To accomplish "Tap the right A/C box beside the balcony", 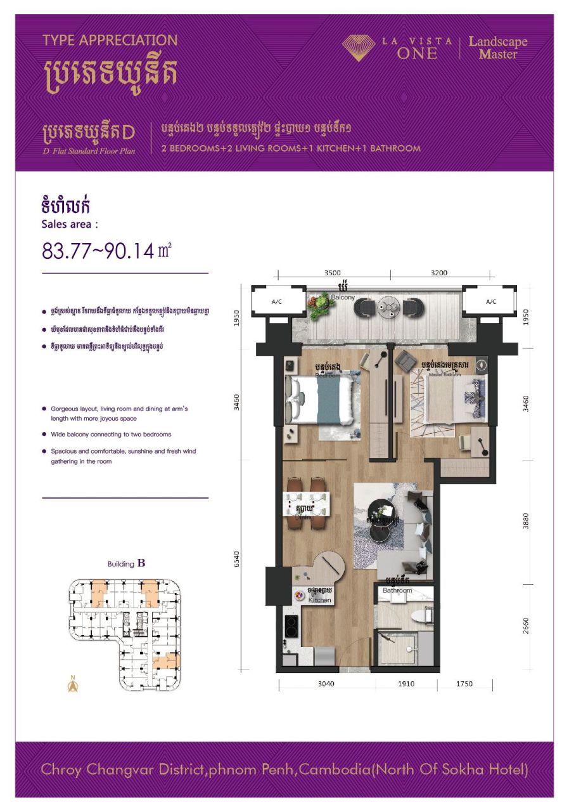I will click(490, 302).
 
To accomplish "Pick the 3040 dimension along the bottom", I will click(326, 684).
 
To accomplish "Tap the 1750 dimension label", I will click(464, 684).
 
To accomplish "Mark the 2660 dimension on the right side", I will click(526, 626).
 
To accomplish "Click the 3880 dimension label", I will click(526, 520).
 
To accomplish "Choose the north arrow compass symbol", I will click(74, 685).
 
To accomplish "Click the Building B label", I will click(127, 563).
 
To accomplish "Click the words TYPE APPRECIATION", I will click(110, 41).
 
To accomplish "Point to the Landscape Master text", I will click(497, 48).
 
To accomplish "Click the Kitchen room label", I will click(319, 599).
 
